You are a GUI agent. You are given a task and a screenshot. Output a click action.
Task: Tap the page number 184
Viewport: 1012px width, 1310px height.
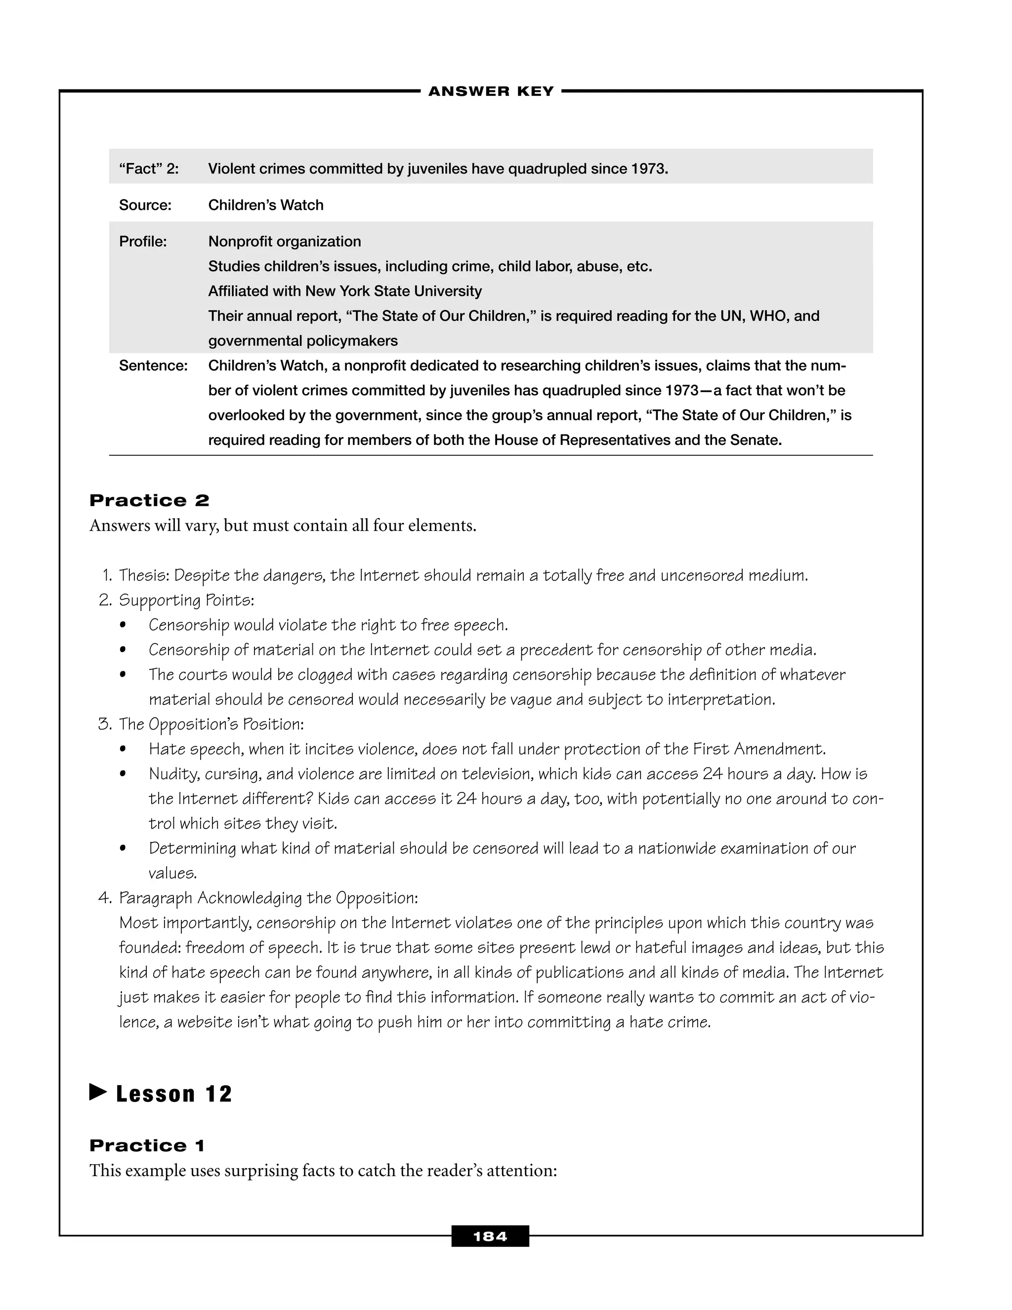pyautogui.click(x=490, y=1236)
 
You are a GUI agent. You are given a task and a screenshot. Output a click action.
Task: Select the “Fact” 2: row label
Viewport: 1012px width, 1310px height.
pyautogui.click(x=149, y=169)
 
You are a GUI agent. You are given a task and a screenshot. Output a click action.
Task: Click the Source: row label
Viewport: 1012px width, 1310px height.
pyautogui.click(x=145, y=205)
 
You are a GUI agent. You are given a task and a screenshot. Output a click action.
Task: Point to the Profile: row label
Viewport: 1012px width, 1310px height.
pyautogui.click(x=143, y=242)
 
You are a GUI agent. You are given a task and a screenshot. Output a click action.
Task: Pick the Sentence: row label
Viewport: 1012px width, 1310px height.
pyautogui.click(x=154, y=366)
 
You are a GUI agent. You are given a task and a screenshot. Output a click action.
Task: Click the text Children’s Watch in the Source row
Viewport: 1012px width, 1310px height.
pyautogui.click(x=265, y=205)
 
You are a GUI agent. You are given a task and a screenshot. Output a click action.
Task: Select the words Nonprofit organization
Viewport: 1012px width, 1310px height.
pyautogui.click(x=284, y=242)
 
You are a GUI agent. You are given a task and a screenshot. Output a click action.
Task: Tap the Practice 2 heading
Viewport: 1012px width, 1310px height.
pyautogui.click(x=149, y=500)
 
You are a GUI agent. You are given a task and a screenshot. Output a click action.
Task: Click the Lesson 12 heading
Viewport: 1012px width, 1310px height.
pyautogui.click(x=174, y=1094)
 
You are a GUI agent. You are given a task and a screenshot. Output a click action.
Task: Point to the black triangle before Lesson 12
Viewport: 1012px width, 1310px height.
pyautogui.click(x=98, y=1092)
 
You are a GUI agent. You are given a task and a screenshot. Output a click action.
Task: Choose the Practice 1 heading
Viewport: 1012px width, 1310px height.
pyautogui.click(x=147, y=1146)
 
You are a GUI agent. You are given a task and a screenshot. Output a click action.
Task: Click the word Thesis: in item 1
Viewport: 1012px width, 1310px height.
pyautogui.click(x=144, y=576)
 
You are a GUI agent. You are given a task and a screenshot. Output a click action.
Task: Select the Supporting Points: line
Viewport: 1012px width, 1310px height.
pyautogui.click(x=186, y=601)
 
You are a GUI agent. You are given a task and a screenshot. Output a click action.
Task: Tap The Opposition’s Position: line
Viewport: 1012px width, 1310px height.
pyautogui.click(x=211, y=725)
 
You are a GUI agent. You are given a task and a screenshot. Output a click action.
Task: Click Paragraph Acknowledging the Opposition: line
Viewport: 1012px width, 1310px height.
pyautogui.click(x=268, y=898)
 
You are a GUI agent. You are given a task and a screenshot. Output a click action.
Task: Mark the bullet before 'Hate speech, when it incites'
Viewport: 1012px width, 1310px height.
pyautogui.click(x=123, y=749)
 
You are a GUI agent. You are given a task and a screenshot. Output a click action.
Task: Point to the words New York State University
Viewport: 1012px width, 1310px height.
pyautogui.click(x=393, y=292)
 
